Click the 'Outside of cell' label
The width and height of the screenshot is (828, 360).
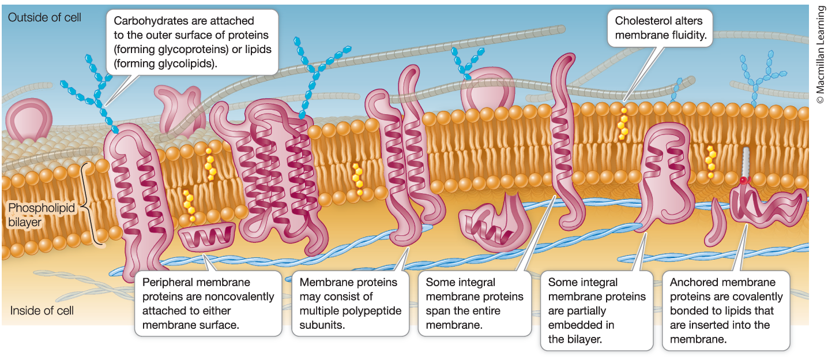(x=44, y=17)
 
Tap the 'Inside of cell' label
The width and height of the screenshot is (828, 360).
(x=42, y=311)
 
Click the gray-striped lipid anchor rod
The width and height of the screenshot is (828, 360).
(x=746, y=162)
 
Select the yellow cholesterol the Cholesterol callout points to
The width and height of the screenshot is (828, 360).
(x=623, y=123)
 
